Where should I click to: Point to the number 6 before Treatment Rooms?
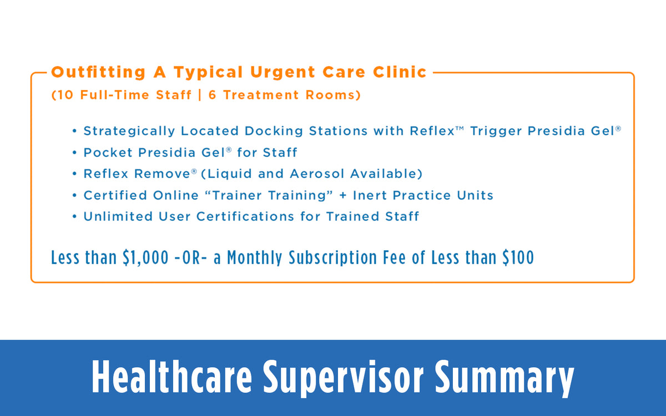click(213, 95)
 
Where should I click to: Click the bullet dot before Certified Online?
click(75, 196)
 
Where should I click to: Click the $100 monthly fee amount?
click(517, 258)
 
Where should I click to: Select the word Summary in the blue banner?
click(503, 378)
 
